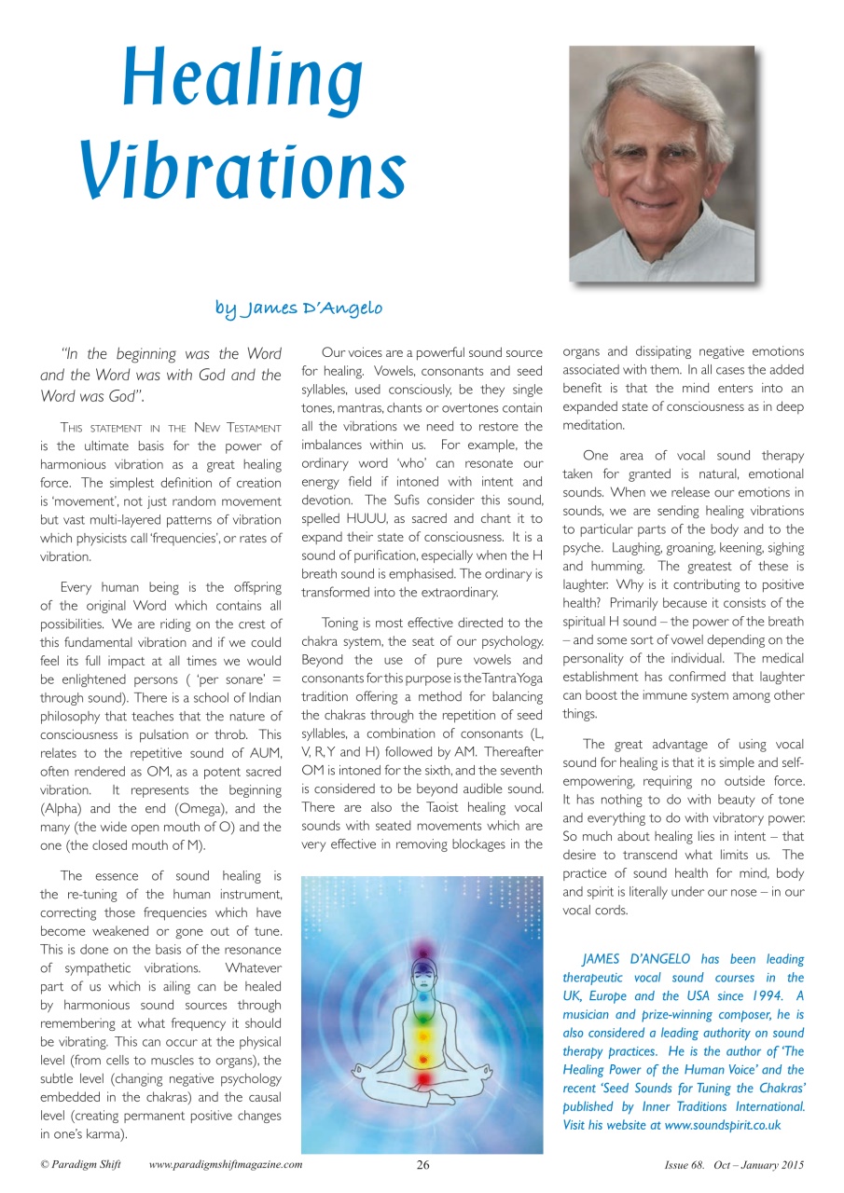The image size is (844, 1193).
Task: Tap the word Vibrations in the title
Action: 242,173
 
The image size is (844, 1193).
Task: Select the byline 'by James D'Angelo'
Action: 298,308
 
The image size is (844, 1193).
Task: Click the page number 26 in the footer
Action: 422,1165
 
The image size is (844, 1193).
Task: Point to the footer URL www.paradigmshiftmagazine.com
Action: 225,1165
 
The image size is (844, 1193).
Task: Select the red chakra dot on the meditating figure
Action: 423,1078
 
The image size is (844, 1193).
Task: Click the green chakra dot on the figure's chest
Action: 423,1013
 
